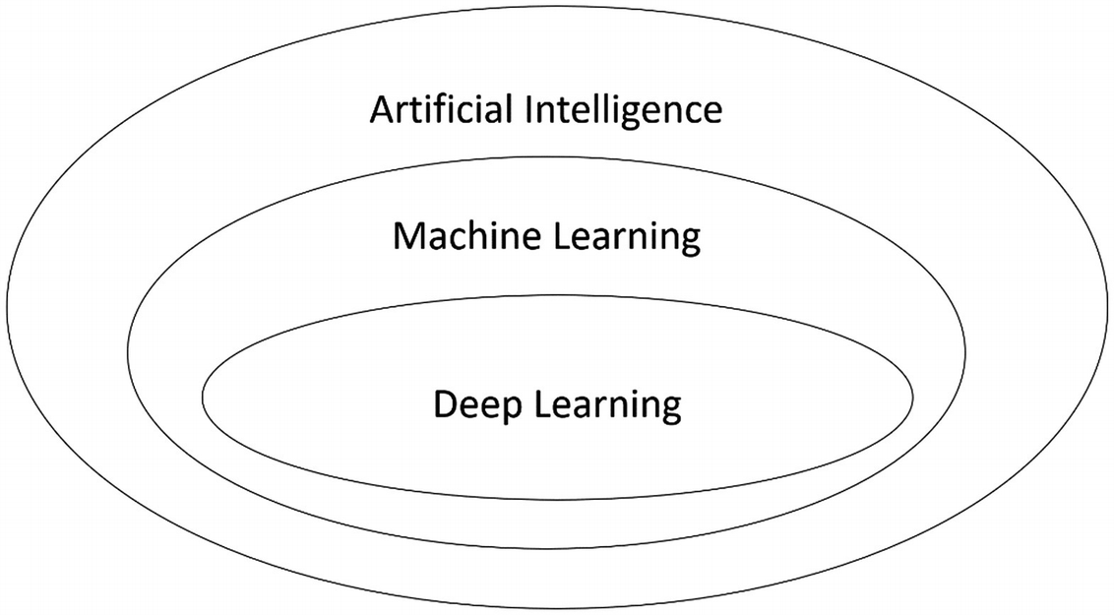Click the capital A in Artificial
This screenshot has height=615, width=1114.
point(382,109)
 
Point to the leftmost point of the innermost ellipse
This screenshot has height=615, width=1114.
point(202,396)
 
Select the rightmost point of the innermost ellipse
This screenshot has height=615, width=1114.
point(911,396)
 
